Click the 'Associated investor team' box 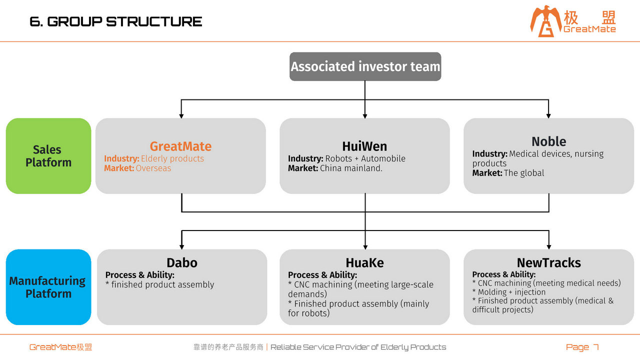365,66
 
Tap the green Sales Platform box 48,156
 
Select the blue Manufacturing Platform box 48,287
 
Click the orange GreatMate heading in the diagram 180,146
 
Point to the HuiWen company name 364,146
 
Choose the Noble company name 549,141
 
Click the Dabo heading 182,263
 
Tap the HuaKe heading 365,263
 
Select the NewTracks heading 549,263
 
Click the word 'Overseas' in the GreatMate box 153,168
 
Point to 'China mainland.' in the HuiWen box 351,168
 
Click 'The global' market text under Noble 524,173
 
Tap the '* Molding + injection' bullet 509,292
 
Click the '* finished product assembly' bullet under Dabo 159,284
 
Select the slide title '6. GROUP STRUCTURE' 116,21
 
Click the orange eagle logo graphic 545,21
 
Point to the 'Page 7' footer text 582,347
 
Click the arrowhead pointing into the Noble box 548,115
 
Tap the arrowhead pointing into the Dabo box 181,247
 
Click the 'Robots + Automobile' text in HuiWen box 365,158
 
